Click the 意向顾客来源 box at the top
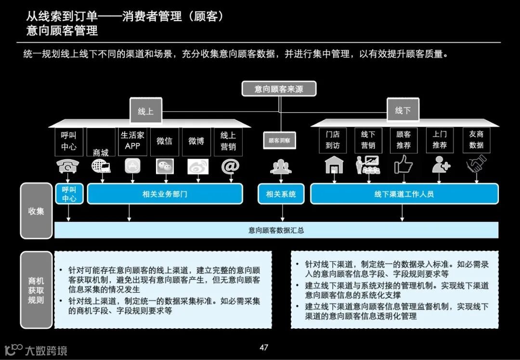pos(279,89)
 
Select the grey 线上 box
pos(145,111)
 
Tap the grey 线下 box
pos(403,110)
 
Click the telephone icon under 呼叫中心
pos(68,166)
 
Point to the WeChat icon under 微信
pos(164,166)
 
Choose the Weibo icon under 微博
pos(196,166)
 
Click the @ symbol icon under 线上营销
pos(229,166)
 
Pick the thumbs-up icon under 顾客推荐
pos(403,165)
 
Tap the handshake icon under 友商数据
pos(476,165)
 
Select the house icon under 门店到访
pos(334,165)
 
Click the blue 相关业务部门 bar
pos(165,194)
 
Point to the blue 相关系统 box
pos(281,194)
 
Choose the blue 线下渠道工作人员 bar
pos(404,194)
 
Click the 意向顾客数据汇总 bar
pos(276,230)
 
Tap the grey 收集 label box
pos(36,211)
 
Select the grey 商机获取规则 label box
pos(36,290)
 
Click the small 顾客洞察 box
pos(281,141)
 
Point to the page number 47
pos(263,347)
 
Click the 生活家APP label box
pos(132,141)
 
